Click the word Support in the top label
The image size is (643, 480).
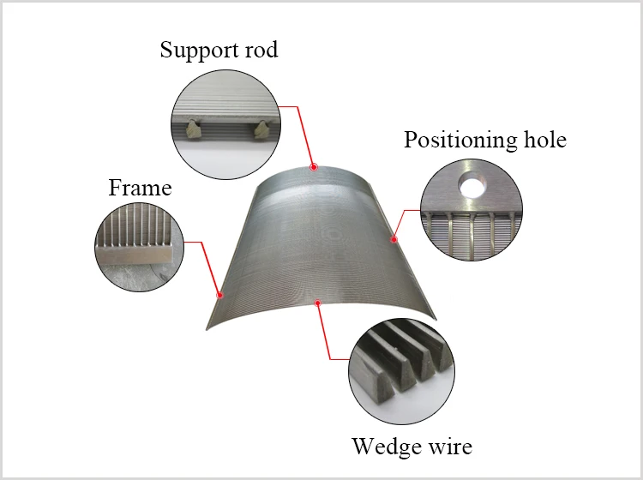tap(198, 51)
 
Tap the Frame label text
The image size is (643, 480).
tap(140, 188)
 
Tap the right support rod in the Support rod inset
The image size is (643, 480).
tap(261, 129)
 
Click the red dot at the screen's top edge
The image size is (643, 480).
tap(314, 167)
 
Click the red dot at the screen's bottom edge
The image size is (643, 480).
tap(317, 303)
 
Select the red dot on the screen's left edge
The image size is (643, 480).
tap(219, 295)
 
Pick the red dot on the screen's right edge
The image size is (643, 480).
tap(394, 239)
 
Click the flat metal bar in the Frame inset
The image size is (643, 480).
tap(135, 255)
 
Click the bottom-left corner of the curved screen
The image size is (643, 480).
tap(207, 329)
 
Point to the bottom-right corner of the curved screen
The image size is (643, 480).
tap(436, 319)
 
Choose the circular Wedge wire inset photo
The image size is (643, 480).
tap(401, 371)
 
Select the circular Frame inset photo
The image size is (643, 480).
tap(140, 247)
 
